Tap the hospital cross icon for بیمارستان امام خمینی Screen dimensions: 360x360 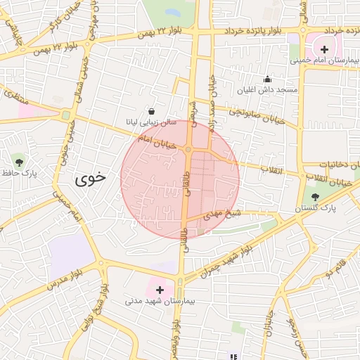(x=324, y=49)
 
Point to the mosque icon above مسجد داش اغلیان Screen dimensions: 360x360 (x=267, y=79)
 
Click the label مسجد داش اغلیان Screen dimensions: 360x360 (x=267, y=91)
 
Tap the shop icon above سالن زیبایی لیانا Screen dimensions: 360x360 (x=151, y=111)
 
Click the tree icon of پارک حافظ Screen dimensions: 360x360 (x=18, y=161)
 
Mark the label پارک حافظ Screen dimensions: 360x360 (x=19, y=172)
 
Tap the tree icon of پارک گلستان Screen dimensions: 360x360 (x=314, y=197)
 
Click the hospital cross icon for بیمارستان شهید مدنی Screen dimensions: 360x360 (x=160, y=289)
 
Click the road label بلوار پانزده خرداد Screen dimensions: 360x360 (x=252, y=32)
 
